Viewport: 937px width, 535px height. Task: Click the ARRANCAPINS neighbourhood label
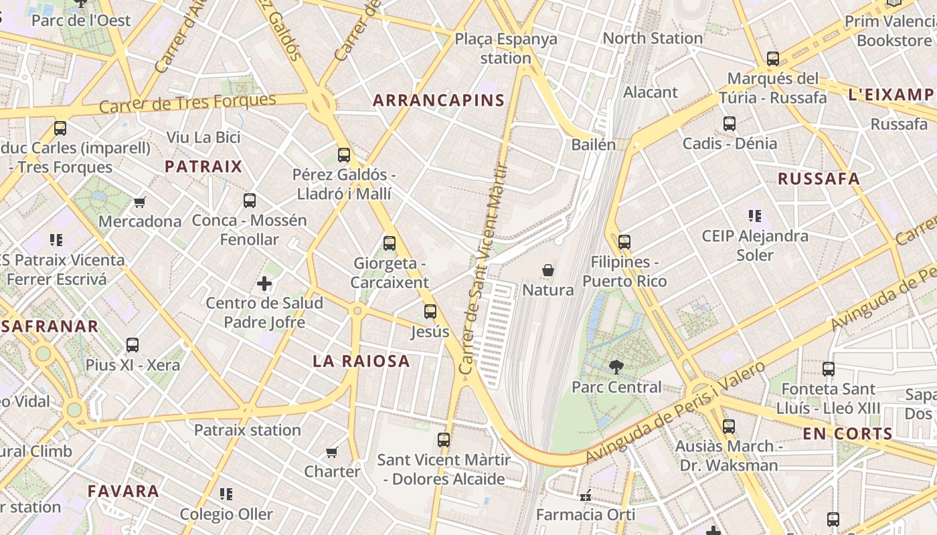[438, 100]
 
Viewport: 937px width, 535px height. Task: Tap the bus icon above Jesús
[430, 311]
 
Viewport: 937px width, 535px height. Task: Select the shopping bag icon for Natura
[548, 270]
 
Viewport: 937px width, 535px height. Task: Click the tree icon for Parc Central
[616, 366]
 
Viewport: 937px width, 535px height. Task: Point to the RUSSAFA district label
[819, 179]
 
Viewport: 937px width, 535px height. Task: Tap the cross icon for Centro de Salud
[264, 284]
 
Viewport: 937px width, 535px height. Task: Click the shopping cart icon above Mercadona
[139, 202]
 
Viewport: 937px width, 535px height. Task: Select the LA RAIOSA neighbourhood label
[361, 361]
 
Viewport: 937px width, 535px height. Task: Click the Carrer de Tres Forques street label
[187, 104]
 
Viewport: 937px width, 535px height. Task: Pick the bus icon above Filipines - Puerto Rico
[624, 241]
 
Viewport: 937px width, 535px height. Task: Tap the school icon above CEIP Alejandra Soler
[754, 216]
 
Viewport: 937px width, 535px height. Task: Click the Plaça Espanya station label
[506, 48]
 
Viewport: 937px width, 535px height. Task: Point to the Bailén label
[593, 144]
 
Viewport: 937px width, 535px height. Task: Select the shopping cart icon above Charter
[331, 452]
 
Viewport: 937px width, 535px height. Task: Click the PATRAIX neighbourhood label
[203, 167]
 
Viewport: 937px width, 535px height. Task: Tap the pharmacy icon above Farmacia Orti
[586, 496]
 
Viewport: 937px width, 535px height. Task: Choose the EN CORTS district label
[848, 433]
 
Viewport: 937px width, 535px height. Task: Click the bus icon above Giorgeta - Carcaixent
[390, 243]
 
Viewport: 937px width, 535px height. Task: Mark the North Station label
[653, 38]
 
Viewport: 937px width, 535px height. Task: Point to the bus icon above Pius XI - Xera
[133, 345]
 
